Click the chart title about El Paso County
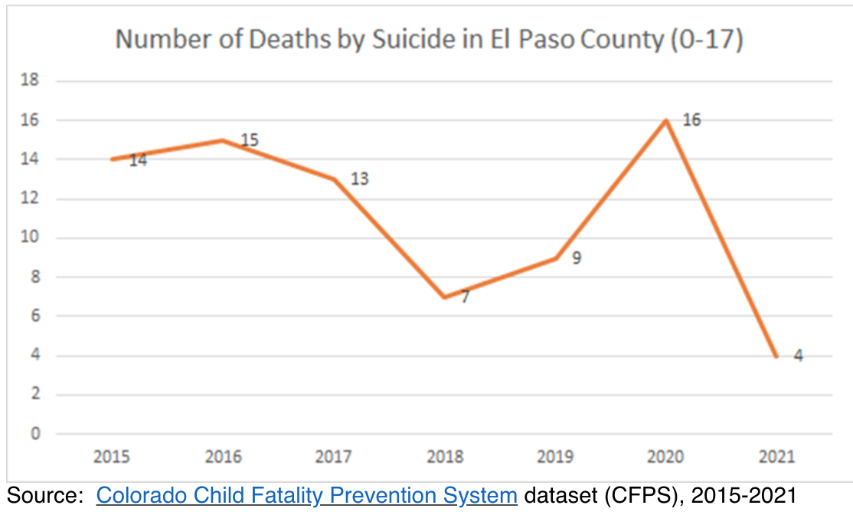(429, 40)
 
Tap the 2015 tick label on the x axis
(112, 458)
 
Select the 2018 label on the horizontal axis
(445, 458)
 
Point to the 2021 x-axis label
(777, 458)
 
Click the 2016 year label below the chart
(223, 458)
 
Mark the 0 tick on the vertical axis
(34, 434)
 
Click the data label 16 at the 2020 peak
(691, 120)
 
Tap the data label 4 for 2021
(798, 356)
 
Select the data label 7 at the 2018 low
(465, 297)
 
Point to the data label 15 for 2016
(250, 140)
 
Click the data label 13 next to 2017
(359, 179)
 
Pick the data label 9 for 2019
(576, 258)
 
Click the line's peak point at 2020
(666, 120)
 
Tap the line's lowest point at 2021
(777, 356)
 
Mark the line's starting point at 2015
(112, 159)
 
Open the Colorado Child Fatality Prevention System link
(306, 495)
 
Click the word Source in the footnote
(44, 495)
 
